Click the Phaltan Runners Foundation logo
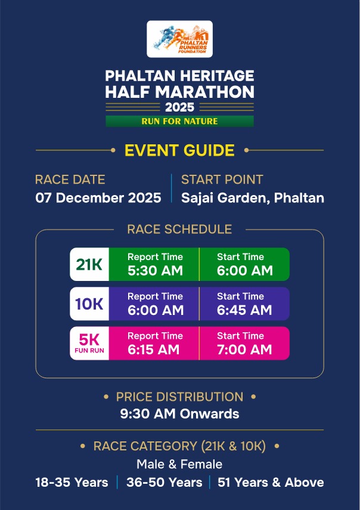pyautogui.click(x=179, y=39)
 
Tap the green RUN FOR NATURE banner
pyautogui.click(x=179, y=121)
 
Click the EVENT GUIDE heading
pyautogui.click(x=179, y=150)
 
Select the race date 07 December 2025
pyautogui.click(x=98, y=198)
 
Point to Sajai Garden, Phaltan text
pyautogui.click(x=253, y=198)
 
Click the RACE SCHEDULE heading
pyautogui.click(x=179, y=229)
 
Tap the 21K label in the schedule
pyautogui.click(x=89, y=264)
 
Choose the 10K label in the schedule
pyautogui.click(x=89, y=304)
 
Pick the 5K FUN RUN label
pyautogui.click(x=89, y=344)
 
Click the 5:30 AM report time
pyautogui.click(x=156, y=271)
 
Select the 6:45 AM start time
pyautogui.click(x=244, y=310)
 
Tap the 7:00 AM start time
pyautogui.click(x=244, y=350)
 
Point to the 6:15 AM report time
pyautogui.click(x=153, y=350)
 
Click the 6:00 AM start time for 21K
pyautogui.click(x=245, y=271)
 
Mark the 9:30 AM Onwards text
pyautogui.click(x=179, y=414)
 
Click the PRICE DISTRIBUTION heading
pyautogui.click(x=179, y=397)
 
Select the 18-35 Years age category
pyautogui.click(x=72, y=483)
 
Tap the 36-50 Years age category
pyautogui.click(x=165, y=483)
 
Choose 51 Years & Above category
pyautogui.click(x=271, y=483)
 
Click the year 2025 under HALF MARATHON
pyautogui.click(x=179, y=107)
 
